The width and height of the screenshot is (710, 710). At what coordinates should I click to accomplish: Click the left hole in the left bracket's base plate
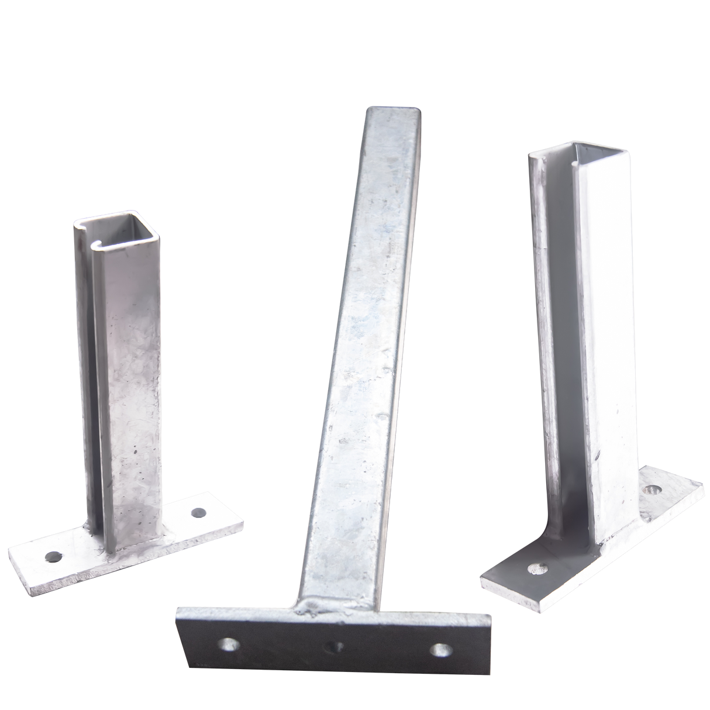click(54, 556)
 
